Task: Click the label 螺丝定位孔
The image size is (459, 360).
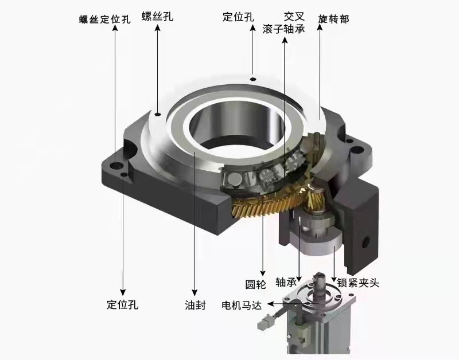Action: pos(105,19)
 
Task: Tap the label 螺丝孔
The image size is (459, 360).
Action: pos(157,16)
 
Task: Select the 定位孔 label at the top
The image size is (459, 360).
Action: pos(238,17)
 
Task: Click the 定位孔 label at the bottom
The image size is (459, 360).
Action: pos(122,304)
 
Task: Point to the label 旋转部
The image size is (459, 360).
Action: pos(334,19)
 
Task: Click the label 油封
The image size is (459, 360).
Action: pos(195,305)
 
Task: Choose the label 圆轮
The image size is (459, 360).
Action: pos(255,284)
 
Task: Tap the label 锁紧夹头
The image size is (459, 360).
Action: pos(358,283)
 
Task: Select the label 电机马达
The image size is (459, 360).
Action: pos(242,306)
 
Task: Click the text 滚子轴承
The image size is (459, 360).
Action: pos(283,29)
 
